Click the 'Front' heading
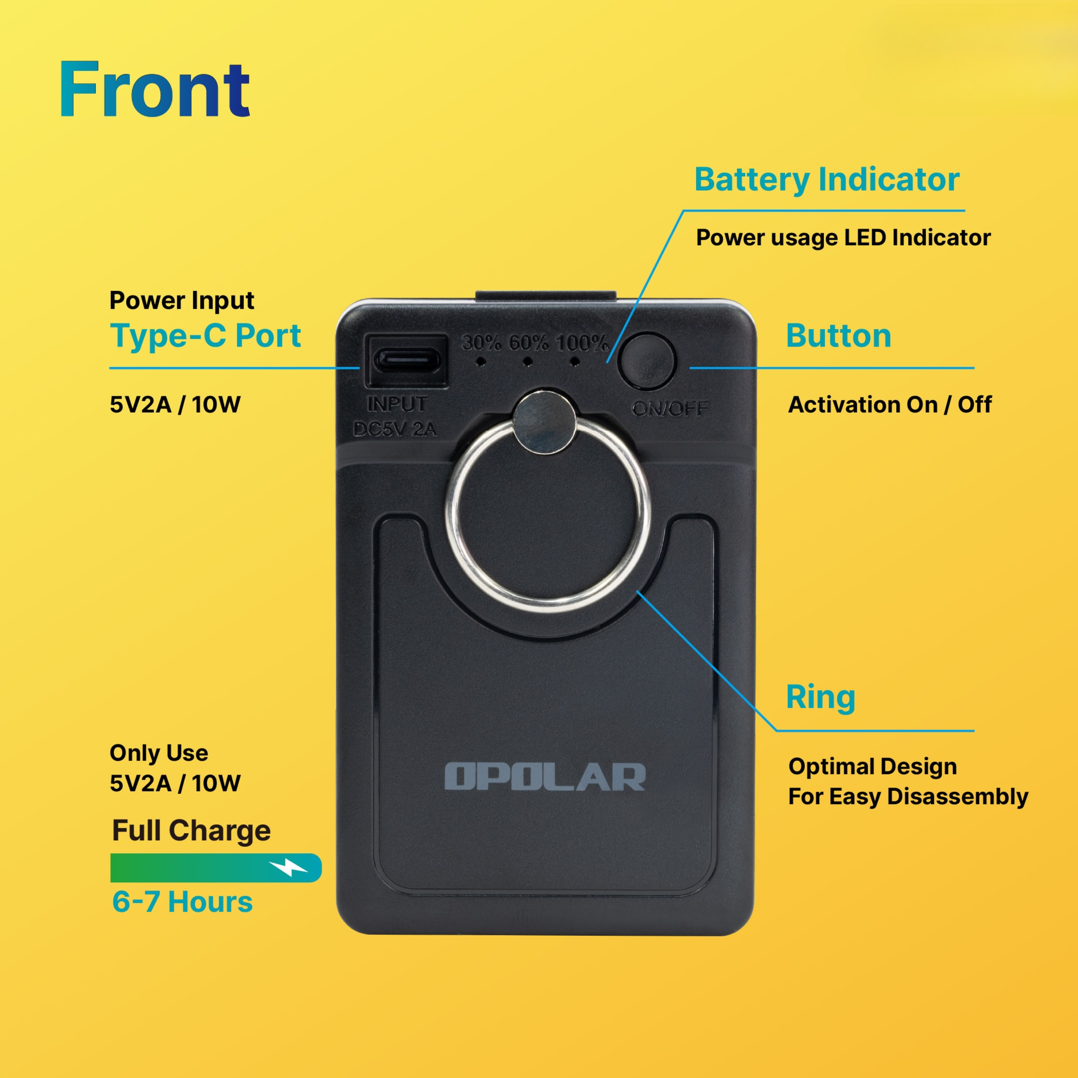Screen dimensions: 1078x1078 tap(155, 89)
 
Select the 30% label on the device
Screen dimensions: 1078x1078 tap(482, 343)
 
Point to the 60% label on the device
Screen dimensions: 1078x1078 tap(528, 343)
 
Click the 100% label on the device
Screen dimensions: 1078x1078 tap(582, 343)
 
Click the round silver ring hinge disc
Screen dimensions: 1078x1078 tap(544, 420)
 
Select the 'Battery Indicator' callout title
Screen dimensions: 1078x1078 tap(826, 180)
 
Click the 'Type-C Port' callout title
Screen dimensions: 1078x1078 tap(205, 336)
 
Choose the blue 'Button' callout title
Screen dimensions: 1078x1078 tap(838, 336)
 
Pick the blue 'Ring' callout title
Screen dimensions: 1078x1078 tap(820, 698)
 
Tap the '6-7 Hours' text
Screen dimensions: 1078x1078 tap(182, 902)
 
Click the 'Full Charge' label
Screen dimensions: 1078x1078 tap(191, 830)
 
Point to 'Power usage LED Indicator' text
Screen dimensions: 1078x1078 tap(843, 238)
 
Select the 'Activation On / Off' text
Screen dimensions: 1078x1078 tap(889, 405)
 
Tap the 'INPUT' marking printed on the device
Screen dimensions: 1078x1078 tap(397, 404)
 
